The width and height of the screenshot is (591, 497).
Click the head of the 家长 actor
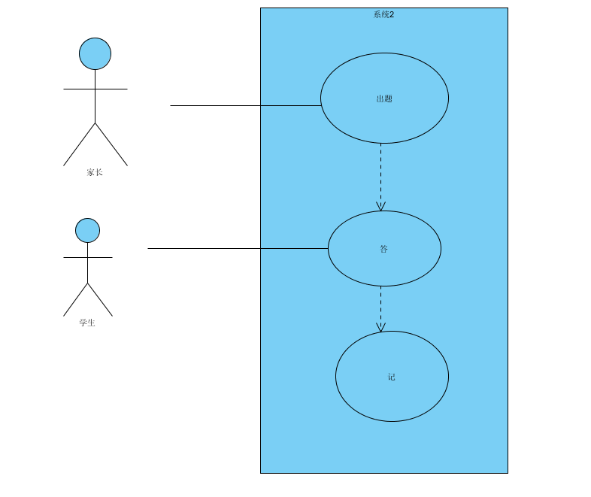click(x=95, y=53)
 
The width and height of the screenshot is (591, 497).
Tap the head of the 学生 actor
click(x=87, y=230)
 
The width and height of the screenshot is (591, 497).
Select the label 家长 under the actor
click(x=94, y=172)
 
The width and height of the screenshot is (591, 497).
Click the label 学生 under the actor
click(x=87, y=323)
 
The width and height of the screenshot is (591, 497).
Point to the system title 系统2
click(x=383, y=14)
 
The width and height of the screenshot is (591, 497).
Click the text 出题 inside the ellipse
click(x=384, y=98)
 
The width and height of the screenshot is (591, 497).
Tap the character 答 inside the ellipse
click(x=384, y=249)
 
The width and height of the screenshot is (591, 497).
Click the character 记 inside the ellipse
click(x=392, y=377)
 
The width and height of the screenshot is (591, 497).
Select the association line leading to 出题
click(x=226, y=105)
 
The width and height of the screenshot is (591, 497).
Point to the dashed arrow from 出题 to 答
click(x=380, y=173)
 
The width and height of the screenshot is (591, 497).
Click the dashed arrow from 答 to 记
click(x=380, y=305)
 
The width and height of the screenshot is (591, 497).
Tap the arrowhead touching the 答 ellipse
click(x=380, y=206)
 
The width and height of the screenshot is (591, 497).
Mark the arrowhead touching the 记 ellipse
click(x=380, y=327)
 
